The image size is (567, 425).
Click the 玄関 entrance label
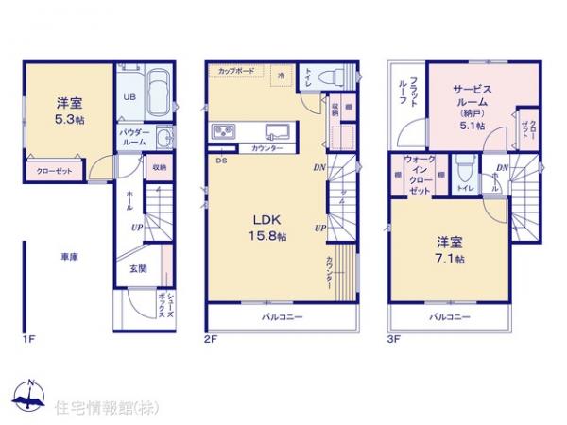137,268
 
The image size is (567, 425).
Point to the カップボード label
234,70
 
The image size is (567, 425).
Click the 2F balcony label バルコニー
283,317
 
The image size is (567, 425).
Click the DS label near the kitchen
221,161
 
